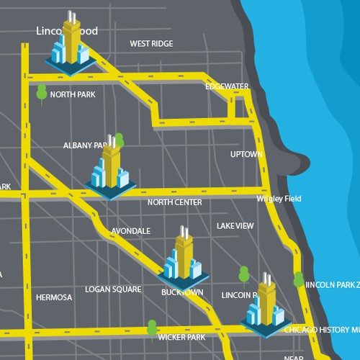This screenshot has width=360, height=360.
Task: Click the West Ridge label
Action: (x=151, y=44)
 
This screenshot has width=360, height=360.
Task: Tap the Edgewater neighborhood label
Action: (x=227, y=86)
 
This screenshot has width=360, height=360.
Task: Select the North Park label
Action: (x=73, y=94)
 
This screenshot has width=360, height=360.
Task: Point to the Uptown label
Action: (x=243, y=155)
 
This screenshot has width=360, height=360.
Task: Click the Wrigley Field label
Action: (x=279, y=199)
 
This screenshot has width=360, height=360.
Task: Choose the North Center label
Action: (x=174, y=203)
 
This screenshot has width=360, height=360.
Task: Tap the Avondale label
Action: (x=130, y=231)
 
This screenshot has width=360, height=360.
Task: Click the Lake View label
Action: (x=235, y=226)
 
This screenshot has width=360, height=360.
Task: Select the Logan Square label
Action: (x=113, y=289)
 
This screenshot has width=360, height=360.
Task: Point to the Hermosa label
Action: (x=54, y=297)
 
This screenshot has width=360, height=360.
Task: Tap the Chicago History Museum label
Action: (x=321, y=330)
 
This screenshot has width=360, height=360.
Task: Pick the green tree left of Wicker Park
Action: (x=151, y=328)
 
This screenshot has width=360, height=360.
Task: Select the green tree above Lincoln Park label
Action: (x=244, y=274)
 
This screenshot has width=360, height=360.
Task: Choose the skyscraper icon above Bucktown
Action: (x=184, y=257)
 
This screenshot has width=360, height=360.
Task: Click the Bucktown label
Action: (x=183, y=293)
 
